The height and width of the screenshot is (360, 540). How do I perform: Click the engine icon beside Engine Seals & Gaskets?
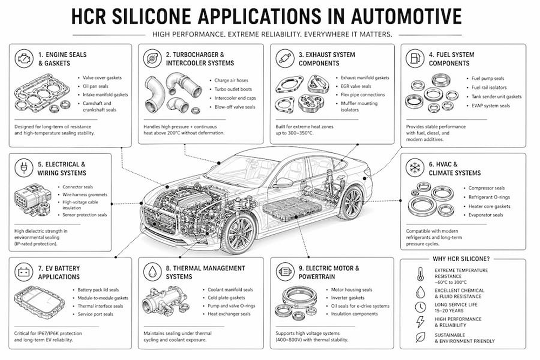(24, 59)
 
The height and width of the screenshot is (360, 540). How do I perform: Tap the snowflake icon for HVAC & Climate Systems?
(414, 168)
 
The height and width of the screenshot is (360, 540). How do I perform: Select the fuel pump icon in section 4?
(415, 58)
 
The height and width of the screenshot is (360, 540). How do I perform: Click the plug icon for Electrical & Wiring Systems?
(24, 168)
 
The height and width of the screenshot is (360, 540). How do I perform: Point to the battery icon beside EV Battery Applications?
(23, 272)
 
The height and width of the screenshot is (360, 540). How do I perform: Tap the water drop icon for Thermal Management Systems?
(152, 272)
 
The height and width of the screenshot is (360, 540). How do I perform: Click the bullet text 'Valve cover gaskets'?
(102, 78)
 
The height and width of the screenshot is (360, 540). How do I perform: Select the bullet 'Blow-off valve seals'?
(235, 107)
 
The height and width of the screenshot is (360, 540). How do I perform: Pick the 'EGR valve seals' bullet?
(356, 86)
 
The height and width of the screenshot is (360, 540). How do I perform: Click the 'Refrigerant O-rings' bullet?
(489, 197)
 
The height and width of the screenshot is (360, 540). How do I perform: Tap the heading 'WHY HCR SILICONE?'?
(461, 259)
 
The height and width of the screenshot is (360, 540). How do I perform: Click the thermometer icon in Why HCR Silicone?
(420, 274)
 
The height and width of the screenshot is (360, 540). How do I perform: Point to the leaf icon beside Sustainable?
(420, 337)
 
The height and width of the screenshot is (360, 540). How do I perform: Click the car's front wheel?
(240, 234)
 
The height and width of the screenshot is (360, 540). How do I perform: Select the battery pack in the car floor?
(293, 208)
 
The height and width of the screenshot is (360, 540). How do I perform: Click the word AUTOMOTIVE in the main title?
(407, 16)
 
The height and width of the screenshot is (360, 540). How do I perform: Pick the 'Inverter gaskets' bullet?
(347, 298)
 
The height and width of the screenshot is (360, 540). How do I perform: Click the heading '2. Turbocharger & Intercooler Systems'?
(200, 59)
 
